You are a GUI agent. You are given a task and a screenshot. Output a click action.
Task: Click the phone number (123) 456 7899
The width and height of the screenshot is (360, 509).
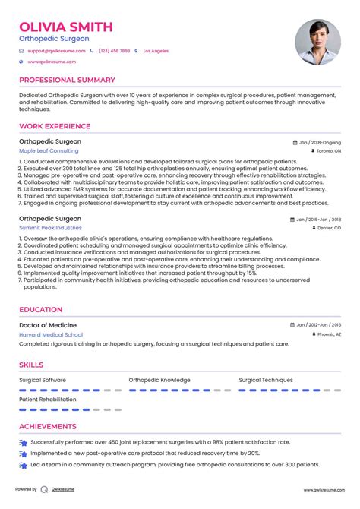coord(112,51)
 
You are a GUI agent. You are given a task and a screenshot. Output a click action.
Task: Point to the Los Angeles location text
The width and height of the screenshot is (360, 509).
coord(157,51)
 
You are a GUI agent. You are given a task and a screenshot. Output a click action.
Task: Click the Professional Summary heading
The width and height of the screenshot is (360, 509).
coord(67,80)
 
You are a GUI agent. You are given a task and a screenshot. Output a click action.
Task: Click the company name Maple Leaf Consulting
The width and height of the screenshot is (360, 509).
coord(49,151)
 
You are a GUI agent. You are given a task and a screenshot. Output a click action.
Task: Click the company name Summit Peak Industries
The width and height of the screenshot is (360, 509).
coord(50,227)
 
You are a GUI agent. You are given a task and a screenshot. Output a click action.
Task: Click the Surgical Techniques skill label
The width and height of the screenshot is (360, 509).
coord(265,380)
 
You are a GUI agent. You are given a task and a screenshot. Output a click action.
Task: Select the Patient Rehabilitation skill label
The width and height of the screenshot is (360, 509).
coord(48,399)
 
